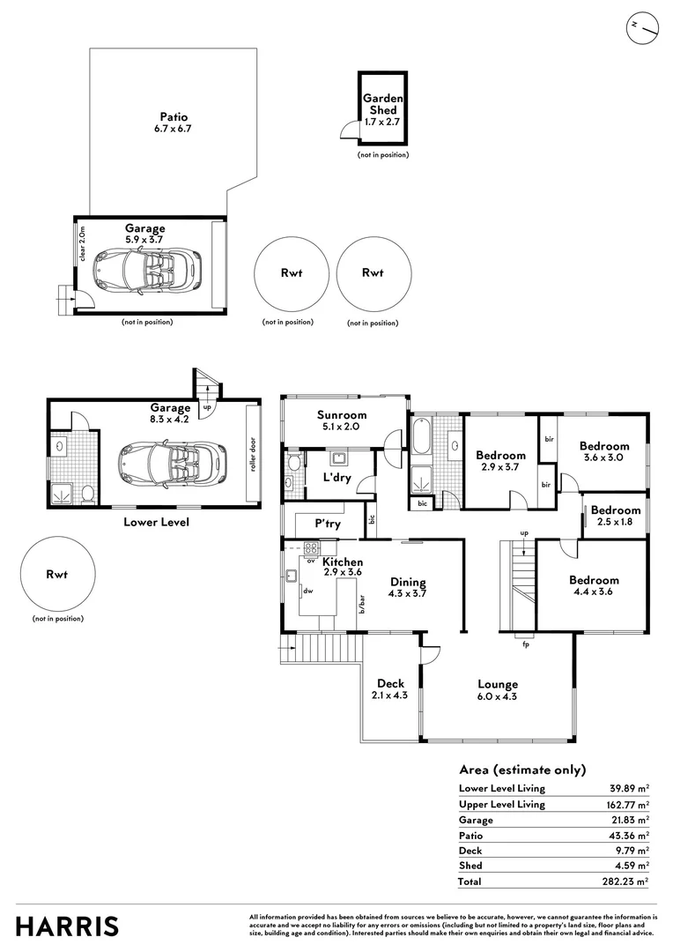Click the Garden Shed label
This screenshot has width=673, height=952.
pyautogui.click(x=383, y=104)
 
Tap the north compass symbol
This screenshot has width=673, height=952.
pyautogui.click(x=643, y=28)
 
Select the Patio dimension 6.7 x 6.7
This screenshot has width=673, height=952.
pyautogui.click(x=173, y=129)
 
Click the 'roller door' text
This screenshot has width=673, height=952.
pyautogui.click(x=253, y=454)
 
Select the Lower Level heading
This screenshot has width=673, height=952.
pyautogui.click(x=157, y=522)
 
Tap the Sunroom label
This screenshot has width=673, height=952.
pyautogui.click(x=342, y=415)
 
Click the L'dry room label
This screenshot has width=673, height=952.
pyautogui.click(x=336, y=477)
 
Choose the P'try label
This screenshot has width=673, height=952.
pyautogui.click(x=328, y=524)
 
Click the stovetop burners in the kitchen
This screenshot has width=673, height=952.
pyautogui.click(x=311, y=548)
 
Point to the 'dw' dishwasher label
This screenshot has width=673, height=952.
pyautogui.click(x=307, y=591)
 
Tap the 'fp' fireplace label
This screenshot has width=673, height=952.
pyautogui.click(x=526, y=644)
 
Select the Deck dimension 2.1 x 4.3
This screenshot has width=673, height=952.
pyautogui.click(x=389, y=695)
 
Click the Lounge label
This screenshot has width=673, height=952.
pyautogui.click(x=498, y=685)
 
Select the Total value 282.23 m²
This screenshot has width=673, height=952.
pyautogui.click(x=625, y=881)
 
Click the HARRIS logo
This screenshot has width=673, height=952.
pyautogui.click(x=67, y=927)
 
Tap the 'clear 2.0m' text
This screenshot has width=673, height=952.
pyautogui.click(x=83, y=244)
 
